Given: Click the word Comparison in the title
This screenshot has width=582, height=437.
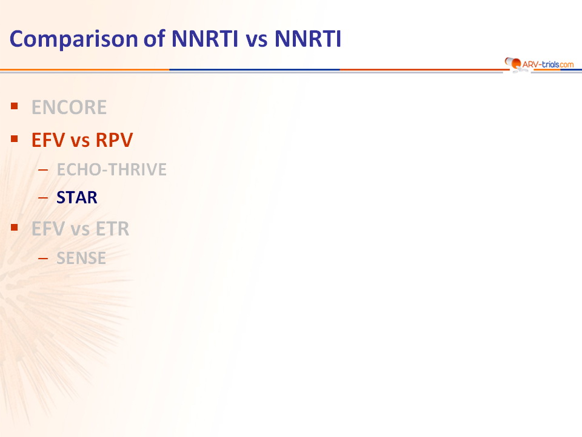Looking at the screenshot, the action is tap(74, 39).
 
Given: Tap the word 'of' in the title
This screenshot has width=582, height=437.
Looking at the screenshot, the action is tap(155, 38).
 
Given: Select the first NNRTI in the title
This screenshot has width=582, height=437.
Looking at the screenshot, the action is tap(204, 39).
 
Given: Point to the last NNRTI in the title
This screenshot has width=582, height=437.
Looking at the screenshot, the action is tap(308, 39).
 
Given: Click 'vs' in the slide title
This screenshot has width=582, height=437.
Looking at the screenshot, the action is tap(256, 40).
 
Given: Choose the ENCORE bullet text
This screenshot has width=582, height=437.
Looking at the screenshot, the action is tap(69, 107).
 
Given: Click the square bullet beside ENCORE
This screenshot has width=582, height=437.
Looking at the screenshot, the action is tap(15, 106).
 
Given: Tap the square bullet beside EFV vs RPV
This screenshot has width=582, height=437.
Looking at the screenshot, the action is tap(15, 139).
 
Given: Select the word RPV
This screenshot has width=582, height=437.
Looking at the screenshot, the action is tap(114, 140).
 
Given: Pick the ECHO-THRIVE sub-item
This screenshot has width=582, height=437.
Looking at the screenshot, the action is tap(112, 169).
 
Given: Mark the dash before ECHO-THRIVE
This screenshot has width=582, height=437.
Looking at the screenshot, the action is tap(43, 170).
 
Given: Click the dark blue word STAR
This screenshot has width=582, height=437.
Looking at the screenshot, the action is tap(77, 197).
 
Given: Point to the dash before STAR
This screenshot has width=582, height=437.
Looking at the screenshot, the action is tap(43, 198).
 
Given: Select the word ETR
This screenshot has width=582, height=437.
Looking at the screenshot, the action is tap(113, 229).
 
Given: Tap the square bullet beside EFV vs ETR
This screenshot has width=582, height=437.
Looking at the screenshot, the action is tap(15, 228).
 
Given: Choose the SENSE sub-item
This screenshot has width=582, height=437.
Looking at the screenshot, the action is tap(81, 259).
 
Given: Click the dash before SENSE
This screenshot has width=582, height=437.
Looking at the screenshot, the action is tap(43, 259).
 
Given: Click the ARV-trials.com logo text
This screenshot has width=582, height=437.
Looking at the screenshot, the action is tap(548, 65).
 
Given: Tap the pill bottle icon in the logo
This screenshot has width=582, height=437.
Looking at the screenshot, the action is tap(513, 63).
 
